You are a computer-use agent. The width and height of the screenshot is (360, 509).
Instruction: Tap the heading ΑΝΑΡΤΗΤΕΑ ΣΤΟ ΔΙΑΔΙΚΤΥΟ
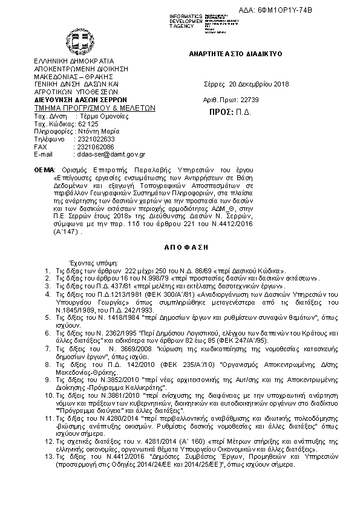click(236, 54)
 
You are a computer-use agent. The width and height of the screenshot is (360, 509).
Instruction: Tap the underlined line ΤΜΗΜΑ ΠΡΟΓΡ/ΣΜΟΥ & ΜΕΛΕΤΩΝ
click(96, 108)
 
